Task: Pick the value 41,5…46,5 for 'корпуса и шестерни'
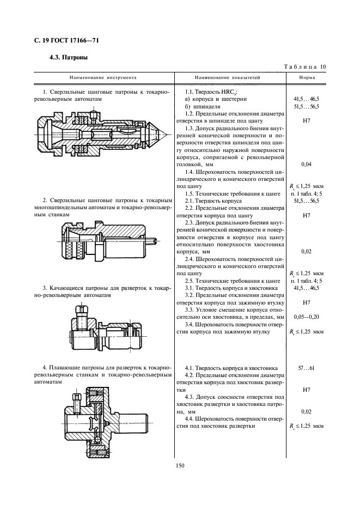tap(305, 99)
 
